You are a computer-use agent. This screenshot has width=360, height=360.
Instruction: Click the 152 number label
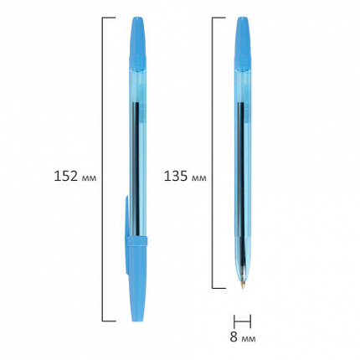point(65,176)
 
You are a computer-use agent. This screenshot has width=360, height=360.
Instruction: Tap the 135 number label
point(176,176)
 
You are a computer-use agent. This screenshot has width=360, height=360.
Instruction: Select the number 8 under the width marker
point(234,337)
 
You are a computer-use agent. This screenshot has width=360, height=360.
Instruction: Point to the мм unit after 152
point(89,178)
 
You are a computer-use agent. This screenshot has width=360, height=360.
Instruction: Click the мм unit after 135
point(199,178)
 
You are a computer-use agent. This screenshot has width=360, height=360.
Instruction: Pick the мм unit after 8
point(249,339)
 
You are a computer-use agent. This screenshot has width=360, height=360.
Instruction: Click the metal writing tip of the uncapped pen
point(243,285)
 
